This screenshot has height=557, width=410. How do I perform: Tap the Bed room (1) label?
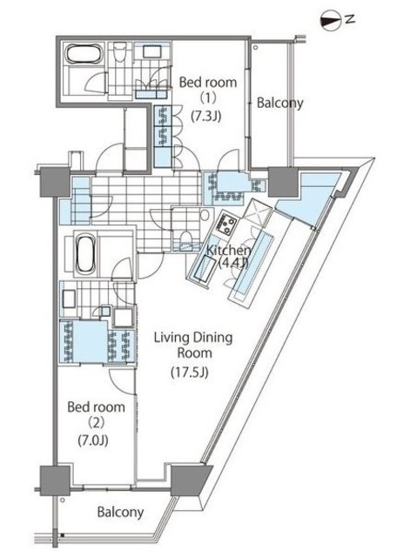(x=208, y=90)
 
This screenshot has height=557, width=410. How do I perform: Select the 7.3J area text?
(x=206, y=116)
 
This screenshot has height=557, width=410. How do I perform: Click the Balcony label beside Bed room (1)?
(x=280, y=103)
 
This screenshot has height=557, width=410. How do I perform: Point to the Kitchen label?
(x=229, y=250)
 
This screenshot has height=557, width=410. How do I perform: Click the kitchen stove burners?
(x=226, y=224)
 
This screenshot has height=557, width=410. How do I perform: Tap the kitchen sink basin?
(x=204, y=267)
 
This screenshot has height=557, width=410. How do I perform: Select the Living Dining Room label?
(x=193, y=345)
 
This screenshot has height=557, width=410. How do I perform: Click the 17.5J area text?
(x=190, y=372)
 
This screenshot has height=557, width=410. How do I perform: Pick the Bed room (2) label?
(x=96, y=414)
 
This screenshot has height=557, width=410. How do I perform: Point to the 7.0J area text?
(x=93, y=440)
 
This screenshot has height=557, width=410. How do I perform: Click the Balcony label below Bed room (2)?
(x=120, y=512)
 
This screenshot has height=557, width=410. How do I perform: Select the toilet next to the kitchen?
(x=185, y=240)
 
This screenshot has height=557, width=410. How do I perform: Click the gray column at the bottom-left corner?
(x=55, y=480)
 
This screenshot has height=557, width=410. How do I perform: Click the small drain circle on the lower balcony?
(x=63, y=500)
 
